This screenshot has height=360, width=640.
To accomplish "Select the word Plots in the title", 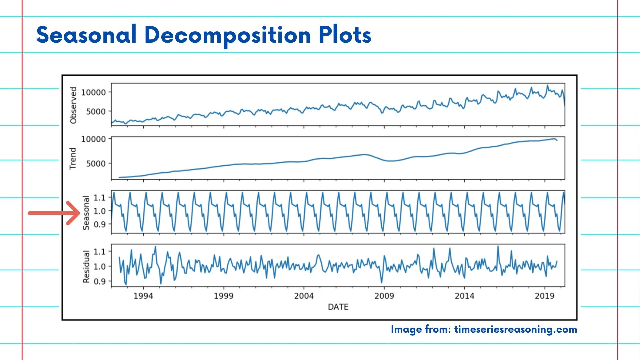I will (345, 35).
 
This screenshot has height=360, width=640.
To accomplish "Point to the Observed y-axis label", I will (73, 105).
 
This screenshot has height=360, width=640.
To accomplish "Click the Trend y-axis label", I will (73, 159).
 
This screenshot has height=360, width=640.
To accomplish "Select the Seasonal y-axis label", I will (86, 213).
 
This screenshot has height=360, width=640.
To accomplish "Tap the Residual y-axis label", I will (86, 267).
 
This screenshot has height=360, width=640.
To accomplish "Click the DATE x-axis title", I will (338, 307).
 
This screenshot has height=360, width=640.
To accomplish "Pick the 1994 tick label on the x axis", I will (143, 296).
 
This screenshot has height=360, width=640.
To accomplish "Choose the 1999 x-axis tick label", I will (224, 296).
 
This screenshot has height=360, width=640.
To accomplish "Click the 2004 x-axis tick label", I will (304, 296).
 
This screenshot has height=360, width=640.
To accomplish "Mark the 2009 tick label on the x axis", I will (384, 296).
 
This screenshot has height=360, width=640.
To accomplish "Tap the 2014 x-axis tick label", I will (464, 296).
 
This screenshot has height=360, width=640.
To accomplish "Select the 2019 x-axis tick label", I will (545, 296).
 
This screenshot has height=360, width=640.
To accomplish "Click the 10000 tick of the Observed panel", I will (93, 92).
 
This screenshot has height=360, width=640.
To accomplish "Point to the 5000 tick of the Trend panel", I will (96, 164).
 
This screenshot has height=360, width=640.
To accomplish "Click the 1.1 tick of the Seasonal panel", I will (99, 198).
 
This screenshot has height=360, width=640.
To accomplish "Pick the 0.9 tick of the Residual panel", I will (99, 281).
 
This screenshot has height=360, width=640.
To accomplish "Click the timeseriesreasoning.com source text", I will (515, 329).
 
